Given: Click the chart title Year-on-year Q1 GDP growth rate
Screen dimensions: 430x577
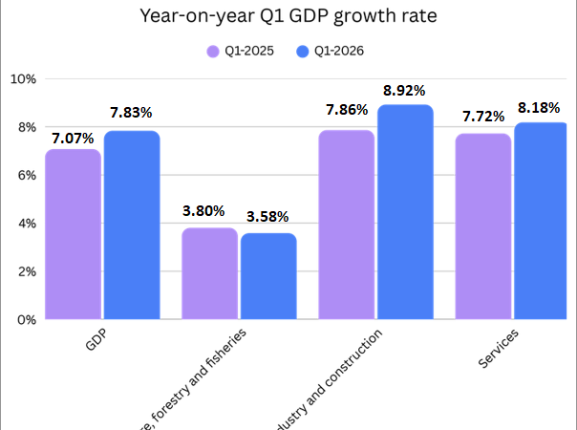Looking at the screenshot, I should pyautogui.click(x=288, y=16).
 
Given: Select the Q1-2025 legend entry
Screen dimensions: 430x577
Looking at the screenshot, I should pyautogui.click(x=241, y=51).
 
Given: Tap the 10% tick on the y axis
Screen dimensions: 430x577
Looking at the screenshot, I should pyautogui.click(x=22, y=79).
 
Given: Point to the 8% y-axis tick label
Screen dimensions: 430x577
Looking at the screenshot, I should pyautogui.click(x=25, y=127).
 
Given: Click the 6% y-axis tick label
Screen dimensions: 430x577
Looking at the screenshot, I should pyautogui.click(x=25, y=176).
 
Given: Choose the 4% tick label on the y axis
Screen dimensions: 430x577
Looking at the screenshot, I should pyautogui.click(x=25, y=224).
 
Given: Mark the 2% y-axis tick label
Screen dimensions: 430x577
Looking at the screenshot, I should pyautogui.click(x=25, y=271).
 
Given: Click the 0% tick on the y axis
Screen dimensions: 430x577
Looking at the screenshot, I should pyautogui.click(x=25, y=320).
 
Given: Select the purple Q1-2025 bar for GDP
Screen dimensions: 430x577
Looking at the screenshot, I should pyautogui.click(x=73, y=234).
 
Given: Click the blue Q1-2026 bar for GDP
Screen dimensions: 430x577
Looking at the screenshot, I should pyautogui.click(x=132, y=225).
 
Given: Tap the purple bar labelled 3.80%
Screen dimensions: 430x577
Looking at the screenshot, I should pyautogui.click(x=209, y=273).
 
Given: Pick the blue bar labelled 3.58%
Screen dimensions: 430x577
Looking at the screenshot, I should pyautogui.click(x=268, y=276).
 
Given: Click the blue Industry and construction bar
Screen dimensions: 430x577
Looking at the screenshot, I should pyautogui.click(x=405, y=212).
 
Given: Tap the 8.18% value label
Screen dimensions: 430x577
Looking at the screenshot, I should pyautogui.click(x=542, y=109).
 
